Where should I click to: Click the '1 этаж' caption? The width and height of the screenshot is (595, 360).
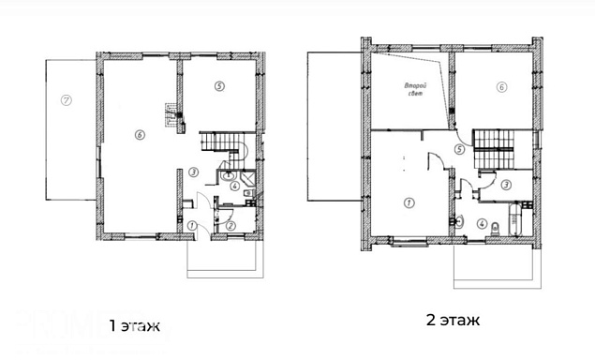click(134, 326)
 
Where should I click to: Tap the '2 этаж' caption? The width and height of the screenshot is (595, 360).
click(454, 320)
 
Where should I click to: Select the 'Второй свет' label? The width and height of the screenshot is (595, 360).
click(415, 89)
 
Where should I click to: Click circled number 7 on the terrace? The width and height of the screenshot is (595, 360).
click(66, 100)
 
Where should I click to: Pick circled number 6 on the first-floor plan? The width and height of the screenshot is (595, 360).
click(140, 135)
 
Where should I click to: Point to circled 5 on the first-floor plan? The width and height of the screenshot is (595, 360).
click(219, 86)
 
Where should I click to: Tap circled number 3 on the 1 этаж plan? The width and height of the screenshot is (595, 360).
click(193, 172)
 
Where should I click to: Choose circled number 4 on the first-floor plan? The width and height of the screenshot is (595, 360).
click(235, 186)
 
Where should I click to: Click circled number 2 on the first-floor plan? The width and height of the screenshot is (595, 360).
click(231, 226)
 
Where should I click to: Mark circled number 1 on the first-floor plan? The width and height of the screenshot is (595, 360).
click(192, 226)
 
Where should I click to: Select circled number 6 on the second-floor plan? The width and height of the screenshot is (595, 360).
click(501, 87)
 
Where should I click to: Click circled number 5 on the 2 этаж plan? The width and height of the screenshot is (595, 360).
click(459, 150)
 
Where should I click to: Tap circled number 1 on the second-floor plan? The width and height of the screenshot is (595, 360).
click(409, 203)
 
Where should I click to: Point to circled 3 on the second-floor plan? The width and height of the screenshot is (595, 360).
click(506, 185)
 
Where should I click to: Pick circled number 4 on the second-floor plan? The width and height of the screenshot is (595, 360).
click(482, 224)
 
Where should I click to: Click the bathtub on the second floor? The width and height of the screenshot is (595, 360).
click(514, 220)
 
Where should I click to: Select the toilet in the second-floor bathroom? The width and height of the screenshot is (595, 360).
click(496, 229)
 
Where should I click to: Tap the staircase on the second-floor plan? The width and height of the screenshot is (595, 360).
click(493, 149)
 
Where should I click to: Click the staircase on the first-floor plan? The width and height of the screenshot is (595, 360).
click(223, 146)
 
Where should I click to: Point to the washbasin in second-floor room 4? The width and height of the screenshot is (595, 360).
click(459, 221)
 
